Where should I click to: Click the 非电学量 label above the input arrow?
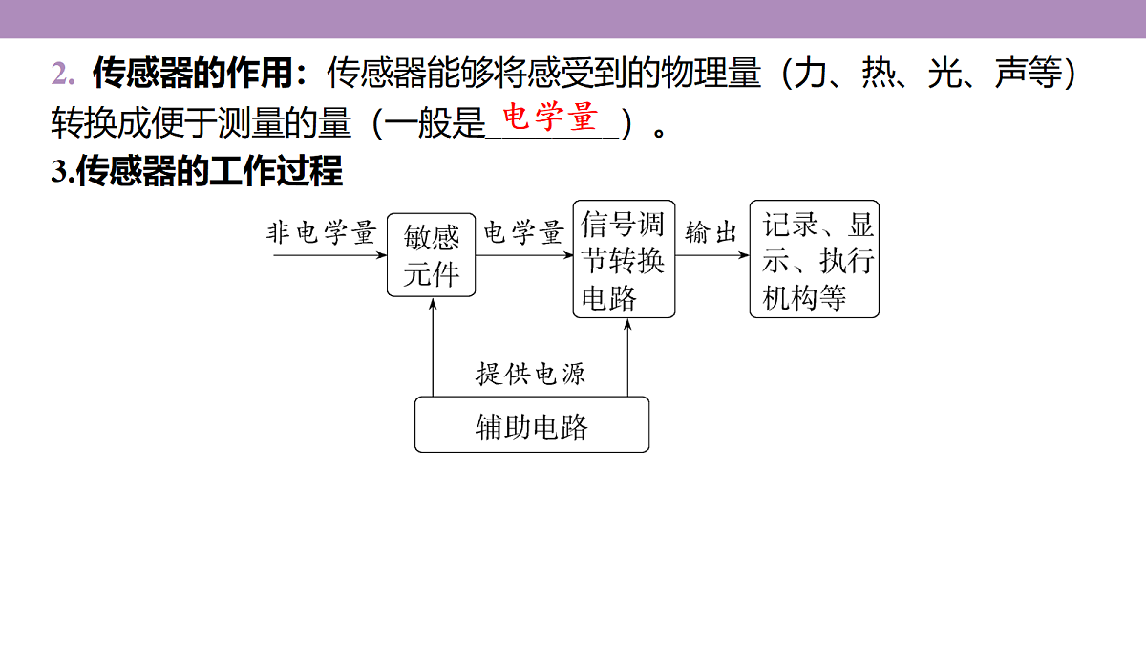pyautogui.click(x=321, y=233)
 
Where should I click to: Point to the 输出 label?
pyautogui.click(x=711, y=233)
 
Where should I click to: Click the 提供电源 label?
pyautogui.click(x=531, y=374)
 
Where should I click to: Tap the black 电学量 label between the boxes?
pyautogui.click(x=524, y=233)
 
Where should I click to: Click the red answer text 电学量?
pyautogui.click(x=550, y=117)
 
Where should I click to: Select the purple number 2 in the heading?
pyautogui.click(x=62, y=74)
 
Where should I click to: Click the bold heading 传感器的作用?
pyautogui.click(x=193, y=73)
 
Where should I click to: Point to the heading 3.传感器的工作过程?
pyautogui.click(x=197, y=170)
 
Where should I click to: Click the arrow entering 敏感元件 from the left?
pyautogui.click(x=330, y=255)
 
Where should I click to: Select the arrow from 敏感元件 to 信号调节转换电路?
pyautogui.click(x=524, y=255)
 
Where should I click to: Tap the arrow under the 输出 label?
pyautogui.click(x=712, y=255)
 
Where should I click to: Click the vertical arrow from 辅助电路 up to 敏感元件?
pyautogui.click(x=433, y=348)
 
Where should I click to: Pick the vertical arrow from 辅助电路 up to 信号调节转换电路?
pyautogui.click(x=627, y=357)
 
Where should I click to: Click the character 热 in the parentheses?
pyautogui.click(x=879, y=73)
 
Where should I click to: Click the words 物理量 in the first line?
pyautogui.click(x=711, y=73)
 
